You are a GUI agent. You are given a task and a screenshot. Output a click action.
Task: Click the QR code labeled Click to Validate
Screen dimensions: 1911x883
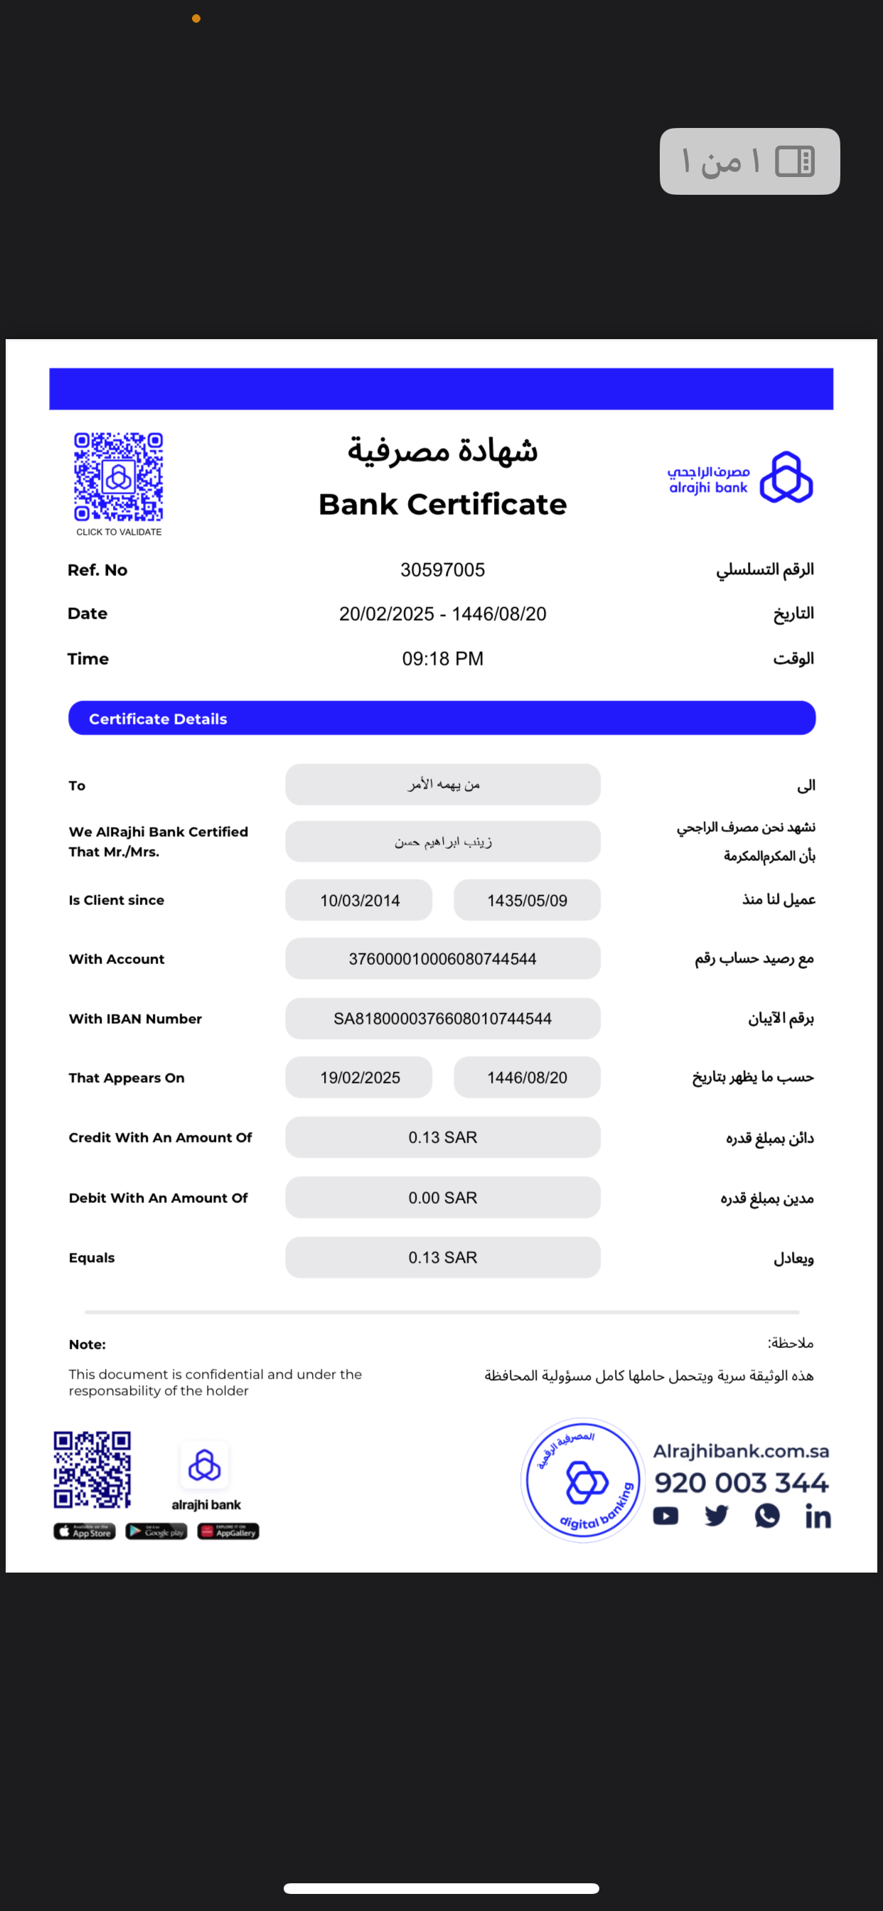pyautogui.click(x=118, y=477)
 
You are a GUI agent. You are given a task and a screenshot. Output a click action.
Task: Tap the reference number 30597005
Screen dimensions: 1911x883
pyautogui.click(x=442, y=569)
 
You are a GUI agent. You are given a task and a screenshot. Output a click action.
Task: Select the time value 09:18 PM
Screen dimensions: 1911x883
pyautogui.click(x=442, y=659)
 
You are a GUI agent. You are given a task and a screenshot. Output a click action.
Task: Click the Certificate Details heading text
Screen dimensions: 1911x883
pyautogui.click(x=158, y=719)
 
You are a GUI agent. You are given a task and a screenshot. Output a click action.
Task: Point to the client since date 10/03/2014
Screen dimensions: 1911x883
pyautogui.click(x=359, y=901)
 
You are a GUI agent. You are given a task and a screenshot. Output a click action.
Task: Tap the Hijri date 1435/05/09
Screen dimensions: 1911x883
pyautogui.click(x=527, y=901)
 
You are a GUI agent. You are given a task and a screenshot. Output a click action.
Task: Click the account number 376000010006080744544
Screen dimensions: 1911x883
pyautogui.click(x=442, y=959)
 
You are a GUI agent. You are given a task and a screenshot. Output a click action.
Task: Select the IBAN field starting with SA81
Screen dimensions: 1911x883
pyautogui.click(x=442, y=1019)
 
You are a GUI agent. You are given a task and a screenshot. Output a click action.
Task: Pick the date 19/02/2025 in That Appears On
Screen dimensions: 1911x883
pyautogui.click(x=359, y=1078)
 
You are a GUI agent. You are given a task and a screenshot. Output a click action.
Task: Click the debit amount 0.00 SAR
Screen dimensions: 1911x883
pyautogui.click(x=442, y=1198)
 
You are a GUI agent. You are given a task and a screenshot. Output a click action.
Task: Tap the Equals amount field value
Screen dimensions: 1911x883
pyautogui.click(x=442, y=1258)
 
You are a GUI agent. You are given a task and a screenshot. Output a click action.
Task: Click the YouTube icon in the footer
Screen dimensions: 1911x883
pyautogui.click(x=665, y=1516)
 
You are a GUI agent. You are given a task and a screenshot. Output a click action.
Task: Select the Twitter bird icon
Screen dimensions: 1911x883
pyautogui.click(x=716, y=1516)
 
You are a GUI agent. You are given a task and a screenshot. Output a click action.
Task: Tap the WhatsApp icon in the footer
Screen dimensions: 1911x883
pyautogui.click(x=766, y=1516)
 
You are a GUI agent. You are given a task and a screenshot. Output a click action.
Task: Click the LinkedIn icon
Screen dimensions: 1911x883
pyautogui.click(x=818, y=1517)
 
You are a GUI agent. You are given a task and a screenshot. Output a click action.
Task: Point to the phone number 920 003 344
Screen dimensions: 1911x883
pyautogui.click(x=741, y=1482)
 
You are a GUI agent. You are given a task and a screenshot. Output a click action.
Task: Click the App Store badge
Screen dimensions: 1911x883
pyautogui.click(x=85, y=1532)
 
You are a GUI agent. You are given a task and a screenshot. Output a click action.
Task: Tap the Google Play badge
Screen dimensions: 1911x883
pyautogui.click(x=156, y=1532)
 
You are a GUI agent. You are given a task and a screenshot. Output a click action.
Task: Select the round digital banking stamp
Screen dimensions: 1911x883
pyautogui.click(x=582, y=1480)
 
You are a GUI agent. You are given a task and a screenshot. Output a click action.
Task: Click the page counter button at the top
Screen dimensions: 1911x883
pyautogui.click(x=749, y=161)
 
